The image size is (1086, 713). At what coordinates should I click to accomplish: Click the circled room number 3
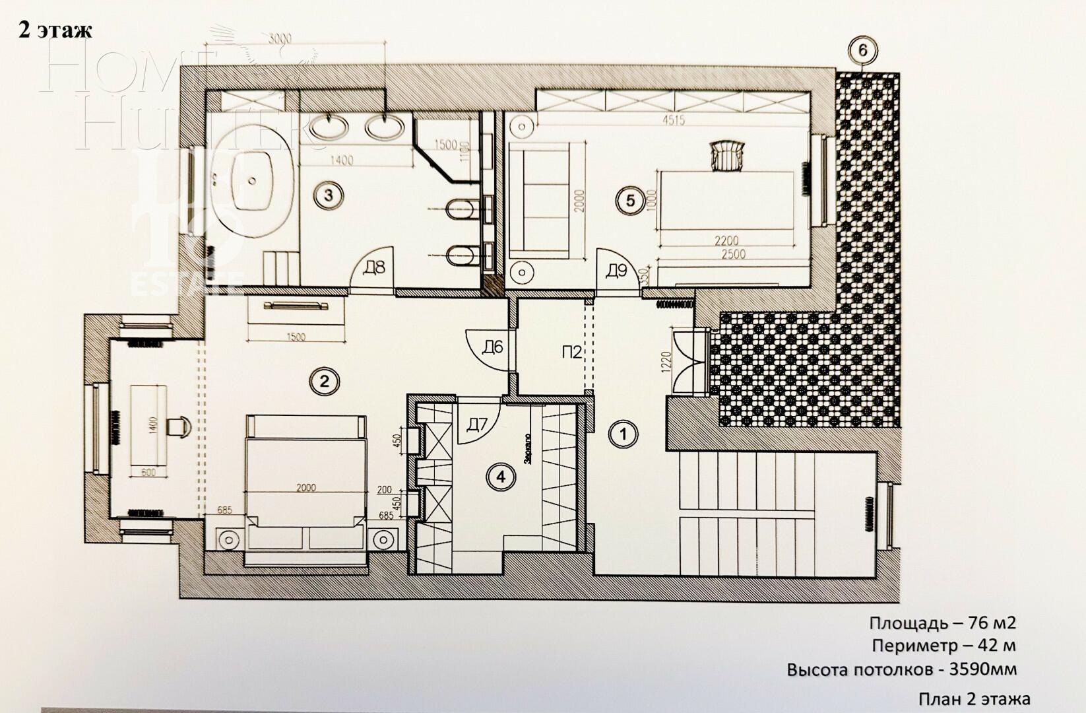pyautogui.click(x=325, y=195)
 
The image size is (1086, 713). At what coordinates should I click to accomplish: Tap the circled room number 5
pyautogui.click(x=630, y=199)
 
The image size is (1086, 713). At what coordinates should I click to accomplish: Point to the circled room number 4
pyautogui.click(x=501, y=476)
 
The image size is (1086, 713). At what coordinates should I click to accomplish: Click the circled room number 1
pyautogui.click(x=624, y=434)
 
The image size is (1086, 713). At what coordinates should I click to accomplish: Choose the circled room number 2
pyautogui.click(x=324, y=380)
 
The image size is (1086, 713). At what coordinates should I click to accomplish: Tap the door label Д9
pyautogui.click(x=617, y=270)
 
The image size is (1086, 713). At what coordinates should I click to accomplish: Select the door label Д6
pyautogui.click(x=493, y=347)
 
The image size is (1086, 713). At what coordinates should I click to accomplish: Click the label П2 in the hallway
pyautogui.click(x=572, y=353)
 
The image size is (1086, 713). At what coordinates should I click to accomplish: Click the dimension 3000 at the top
pyautogui.click(x=280, y=39)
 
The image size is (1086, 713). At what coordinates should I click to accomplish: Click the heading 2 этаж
pyautogui.click(x=55, y=30)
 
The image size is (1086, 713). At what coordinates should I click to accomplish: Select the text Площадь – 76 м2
pyautogui.click(x=942, y=623)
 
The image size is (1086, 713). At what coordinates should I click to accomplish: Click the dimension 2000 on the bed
pyautogui.click(x=306, y=488)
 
